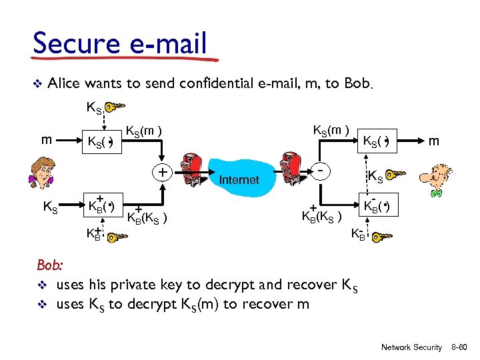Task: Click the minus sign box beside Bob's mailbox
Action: pyautogui.click(x=321, y=171)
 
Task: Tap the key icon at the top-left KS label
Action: pyautogui.click(x=115, y=107)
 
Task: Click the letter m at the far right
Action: pyautogui.click(x=433, y=141)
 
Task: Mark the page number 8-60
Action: pyautogui.click(x=461, y=347)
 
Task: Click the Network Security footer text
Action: pyautogui.click(x=411, y=347)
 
